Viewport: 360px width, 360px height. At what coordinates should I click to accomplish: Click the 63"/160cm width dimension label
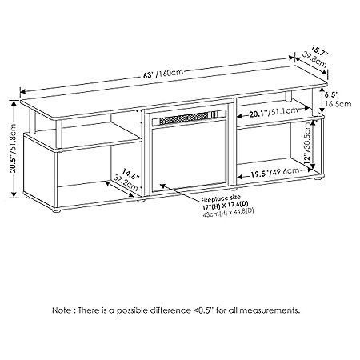coord(163,74)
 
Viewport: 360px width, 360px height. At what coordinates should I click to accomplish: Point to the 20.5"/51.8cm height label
coord(14,149)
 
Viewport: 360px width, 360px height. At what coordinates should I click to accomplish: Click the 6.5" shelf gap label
coord(332,94)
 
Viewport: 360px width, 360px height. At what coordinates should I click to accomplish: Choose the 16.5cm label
coord(338,104)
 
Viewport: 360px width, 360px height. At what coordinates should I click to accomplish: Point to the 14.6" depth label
coord(131,174)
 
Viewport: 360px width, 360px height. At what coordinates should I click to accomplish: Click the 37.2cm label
coord(126,182)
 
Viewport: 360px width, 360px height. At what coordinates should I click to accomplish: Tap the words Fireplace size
coord(221,198)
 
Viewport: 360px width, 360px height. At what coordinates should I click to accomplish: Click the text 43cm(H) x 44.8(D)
coord(228,213)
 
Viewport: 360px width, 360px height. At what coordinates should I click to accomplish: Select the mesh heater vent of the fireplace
coord(184,118)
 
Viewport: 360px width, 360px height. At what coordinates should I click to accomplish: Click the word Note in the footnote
coord(62,310)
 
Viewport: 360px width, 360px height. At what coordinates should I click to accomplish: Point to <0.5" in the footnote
coord(202,310)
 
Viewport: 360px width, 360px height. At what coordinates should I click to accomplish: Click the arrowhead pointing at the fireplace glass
coord(162,185)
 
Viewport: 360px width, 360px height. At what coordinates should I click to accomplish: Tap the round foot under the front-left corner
coord(56,210)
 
